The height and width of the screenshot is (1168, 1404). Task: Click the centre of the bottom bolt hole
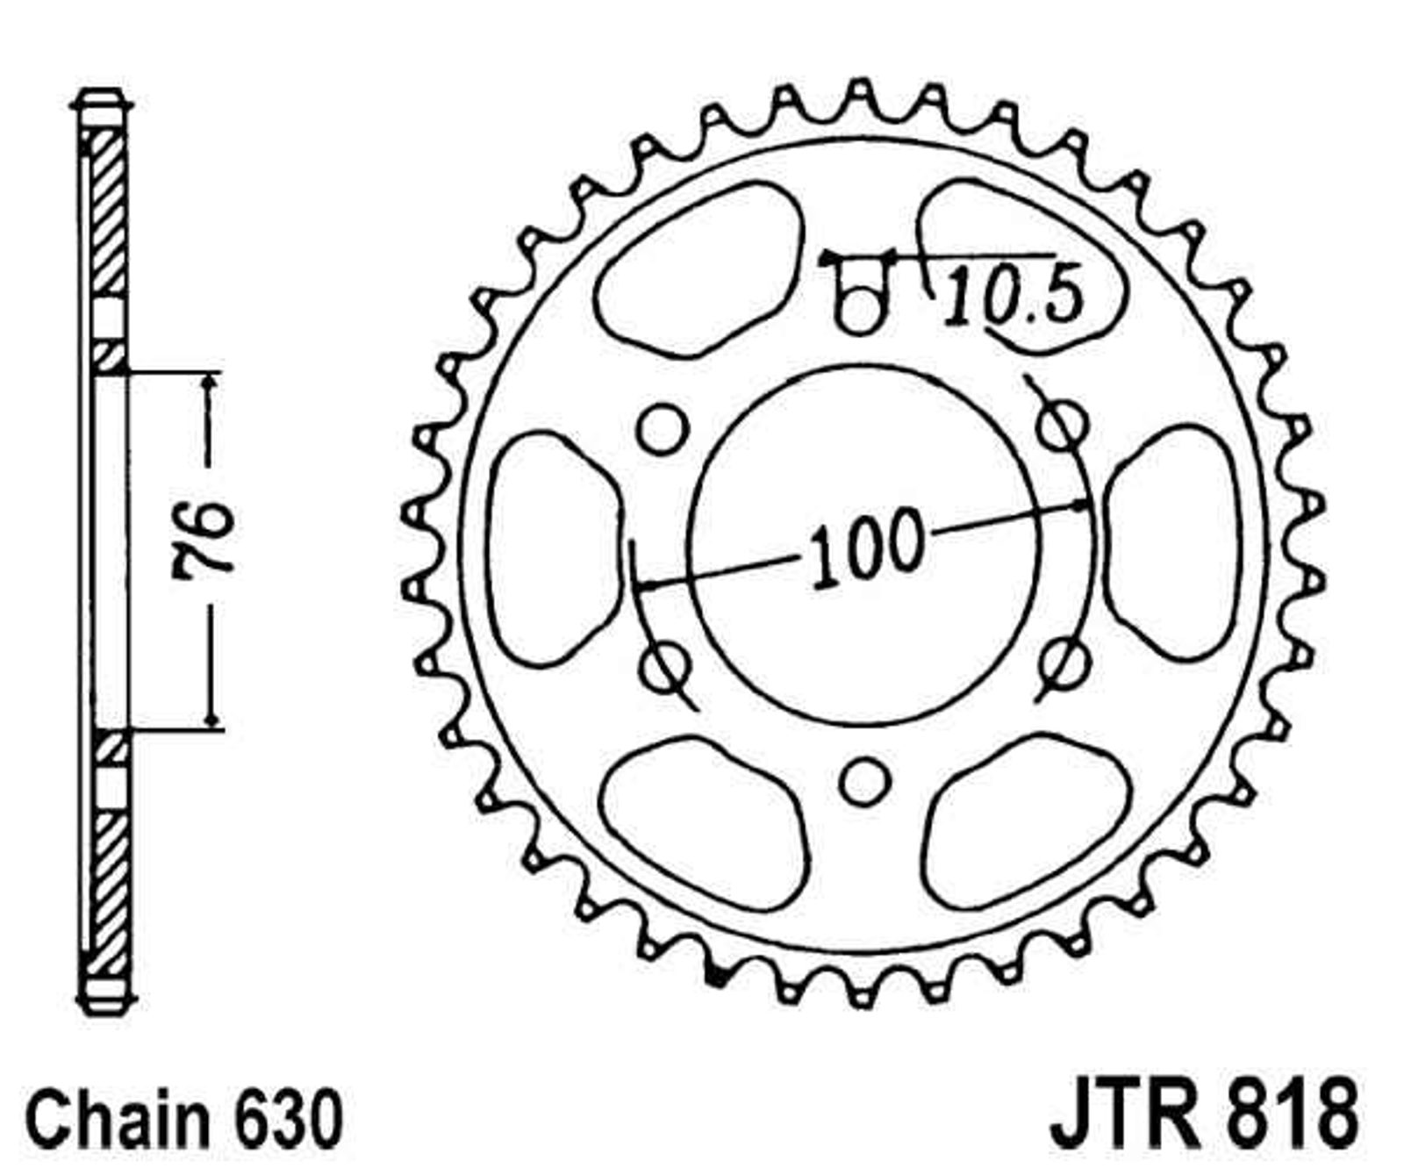point(864,781)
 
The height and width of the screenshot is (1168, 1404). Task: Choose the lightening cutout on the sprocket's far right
point(1172,542)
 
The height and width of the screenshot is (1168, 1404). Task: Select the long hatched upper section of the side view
point(109,211)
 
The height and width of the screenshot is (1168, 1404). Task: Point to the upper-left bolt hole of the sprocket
point(662,428)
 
